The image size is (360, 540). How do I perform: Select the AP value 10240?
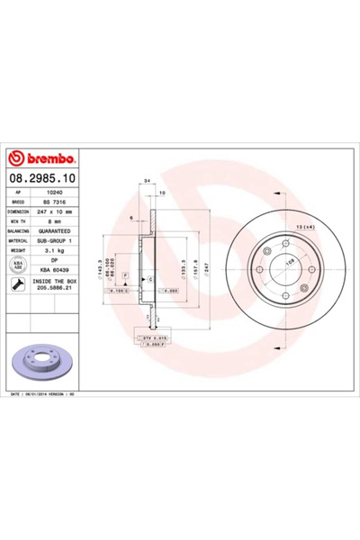(55, 193)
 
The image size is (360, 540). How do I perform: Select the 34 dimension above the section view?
(145, 181)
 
